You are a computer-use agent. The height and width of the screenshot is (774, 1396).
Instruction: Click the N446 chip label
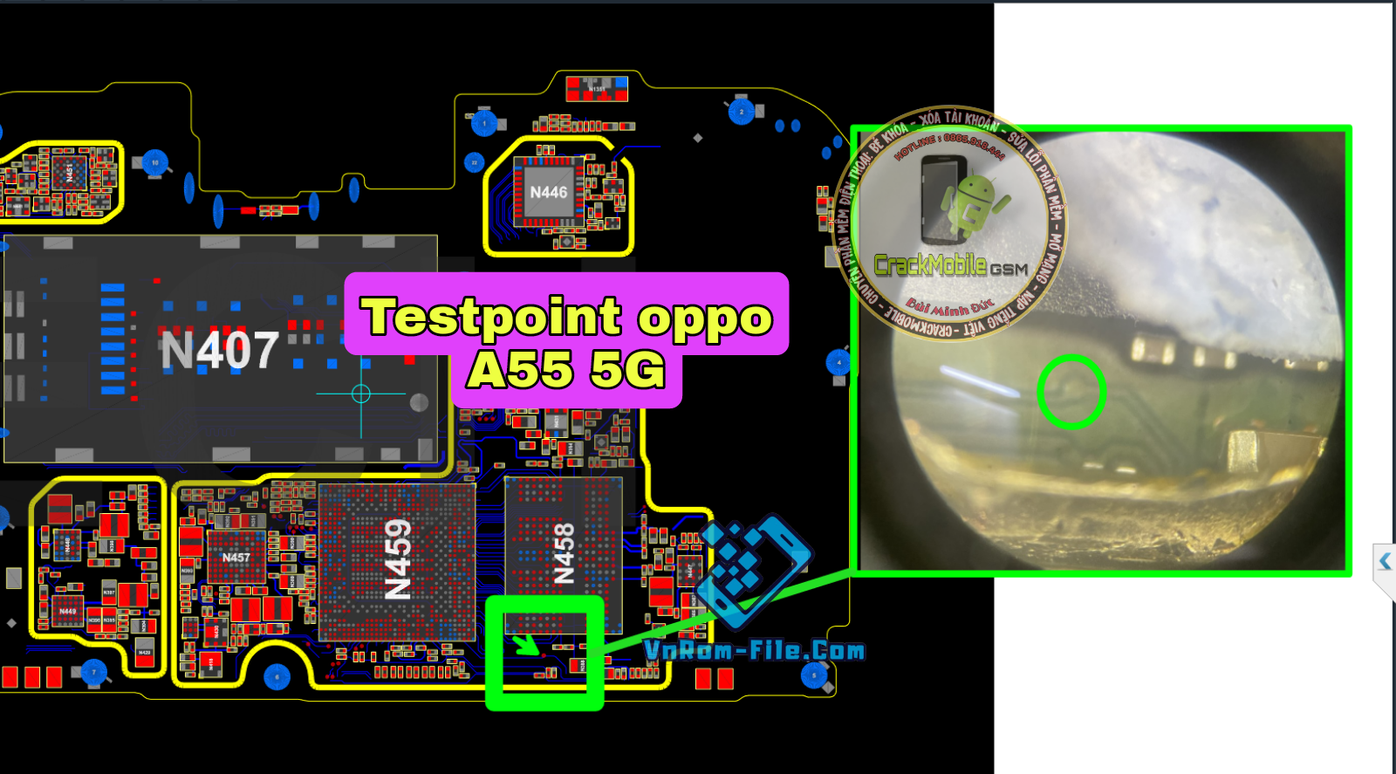(548, 192)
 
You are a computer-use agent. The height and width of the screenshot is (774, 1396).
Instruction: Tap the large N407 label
(220, 351)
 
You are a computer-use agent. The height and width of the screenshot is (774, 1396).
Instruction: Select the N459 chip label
(398, 559)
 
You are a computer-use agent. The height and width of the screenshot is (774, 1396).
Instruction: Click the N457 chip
(236, 558)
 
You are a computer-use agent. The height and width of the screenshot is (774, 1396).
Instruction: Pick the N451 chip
(69, 173)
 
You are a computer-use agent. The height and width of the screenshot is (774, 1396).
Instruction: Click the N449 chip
(67, 611)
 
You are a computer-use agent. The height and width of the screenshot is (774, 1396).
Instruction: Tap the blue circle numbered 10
(155, 162)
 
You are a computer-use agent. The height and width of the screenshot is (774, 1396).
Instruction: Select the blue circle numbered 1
(484, 123)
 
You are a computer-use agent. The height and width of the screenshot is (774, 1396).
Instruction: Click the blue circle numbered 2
(742, 112)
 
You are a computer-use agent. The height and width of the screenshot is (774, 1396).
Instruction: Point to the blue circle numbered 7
(93, 673)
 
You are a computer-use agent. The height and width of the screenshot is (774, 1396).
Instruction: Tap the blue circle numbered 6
(277, 677)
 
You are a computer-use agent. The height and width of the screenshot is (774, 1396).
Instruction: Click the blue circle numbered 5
(814, 675)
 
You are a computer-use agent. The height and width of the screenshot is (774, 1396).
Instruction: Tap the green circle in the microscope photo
(1071, 392)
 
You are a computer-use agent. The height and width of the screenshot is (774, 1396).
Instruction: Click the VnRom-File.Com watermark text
(754, 651)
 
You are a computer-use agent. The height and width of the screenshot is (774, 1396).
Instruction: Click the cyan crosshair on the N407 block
(360, 394)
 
